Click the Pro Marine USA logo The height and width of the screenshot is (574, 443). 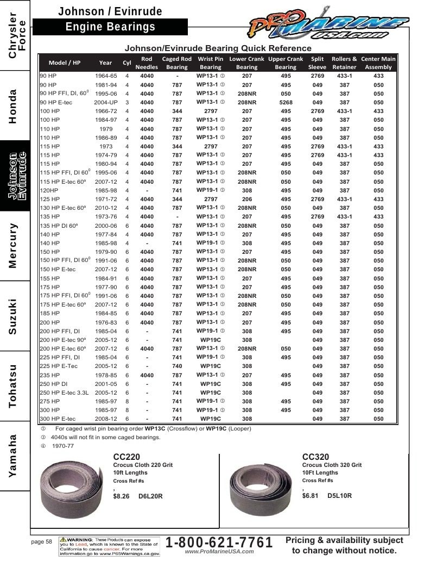pos(327,23)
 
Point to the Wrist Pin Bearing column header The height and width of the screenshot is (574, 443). pos(211,63)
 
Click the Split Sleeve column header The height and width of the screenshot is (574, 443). pos(317,63)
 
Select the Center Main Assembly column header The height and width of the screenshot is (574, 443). pos(378,63)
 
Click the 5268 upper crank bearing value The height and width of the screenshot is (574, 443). pos(286,103)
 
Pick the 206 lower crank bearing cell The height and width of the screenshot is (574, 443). pos(247,199)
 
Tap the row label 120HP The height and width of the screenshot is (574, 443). pos(49,190)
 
